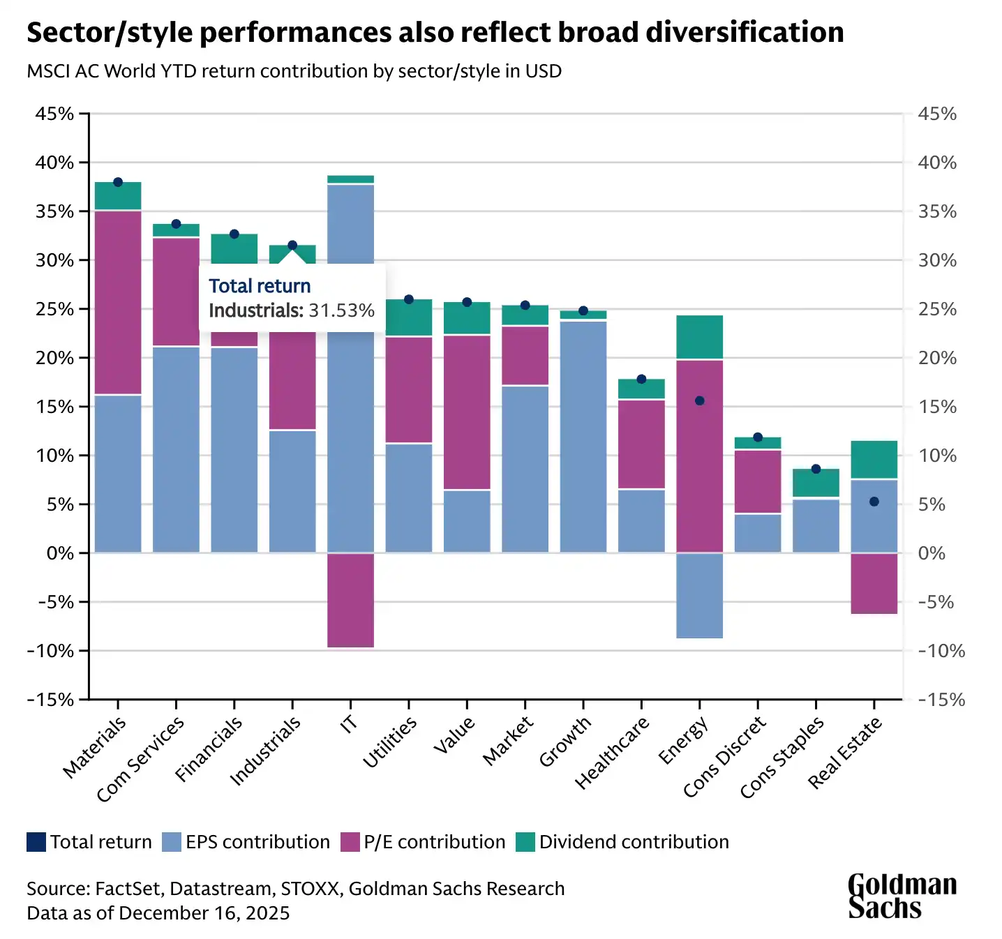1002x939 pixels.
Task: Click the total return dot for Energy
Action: coord(700,401)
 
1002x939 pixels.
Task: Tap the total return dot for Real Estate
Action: coord(874,502)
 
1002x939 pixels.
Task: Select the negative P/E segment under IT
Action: coord(351,600)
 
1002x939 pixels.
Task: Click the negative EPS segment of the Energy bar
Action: coord(700,595)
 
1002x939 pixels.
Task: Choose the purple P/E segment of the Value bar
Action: coord(467,412)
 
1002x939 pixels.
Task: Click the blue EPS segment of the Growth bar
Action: coord(583,436)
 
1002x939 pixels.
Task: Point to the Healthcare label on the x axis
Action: coord(612,753)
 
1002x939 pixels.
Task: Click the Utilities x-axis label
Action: coord(390,742)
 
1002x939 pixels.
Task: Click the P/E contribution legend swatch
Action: coord(350,842)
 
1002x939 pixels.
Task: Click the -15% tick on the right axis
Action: coord(941,700)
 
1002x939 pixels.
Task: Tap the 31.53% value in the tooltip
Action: coord(342,310)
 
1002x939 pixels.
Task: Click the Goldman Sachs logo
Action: coord(902,896)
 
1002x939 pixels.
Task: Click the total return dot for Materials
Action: coord(118,182)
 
